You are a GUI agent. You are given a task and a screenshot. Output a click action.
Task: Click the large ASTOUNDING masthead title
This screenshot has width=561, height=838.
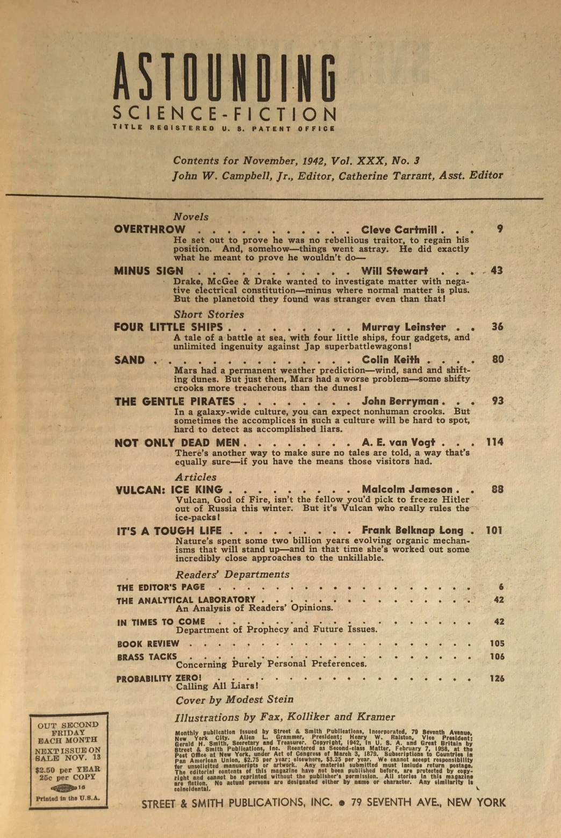(x=225, y=78)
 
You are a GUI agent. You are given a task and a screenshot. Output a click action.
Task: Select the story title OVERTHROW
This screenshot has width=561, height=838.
(x=149, y=230)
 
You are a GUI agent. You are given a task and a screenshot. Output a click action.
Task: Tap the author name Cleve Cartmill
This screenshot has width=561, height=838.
(x=399, y=230)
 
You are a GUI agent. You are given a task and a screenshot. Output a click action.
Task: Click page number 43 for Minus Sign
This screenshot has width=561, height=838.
(x=497, y=271)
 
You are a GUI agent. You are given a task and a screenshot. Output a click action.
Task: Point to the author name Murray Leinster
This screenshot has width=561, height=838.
(x=404, y=327)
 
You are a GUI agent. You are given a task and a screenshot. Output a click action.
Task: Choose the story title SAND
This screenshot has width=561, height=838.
(x=130, y=360)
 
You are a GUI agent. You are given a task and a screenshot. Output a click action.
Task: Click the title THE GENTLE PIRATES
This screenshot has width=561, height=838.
(x=175, y=402)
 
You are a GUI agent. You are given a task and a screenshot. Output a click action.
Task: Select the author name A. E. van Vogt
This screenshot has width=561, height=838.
(x=398, y=442)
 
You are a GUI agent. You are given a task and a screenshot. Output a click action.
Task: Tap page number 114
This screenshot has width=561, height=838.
(x=494, y=442)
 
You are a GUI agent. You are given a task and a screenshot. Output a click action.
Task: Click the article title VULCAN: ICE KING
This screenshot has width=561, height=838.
(x=169, y=490)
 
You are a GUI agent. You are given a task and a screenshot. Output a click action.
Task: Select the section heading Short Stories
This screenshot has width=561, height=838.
(x=208, y=314)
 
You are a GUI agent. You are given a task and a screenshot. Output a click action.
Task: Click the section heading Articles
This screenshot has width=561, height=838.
(x=196, y=477)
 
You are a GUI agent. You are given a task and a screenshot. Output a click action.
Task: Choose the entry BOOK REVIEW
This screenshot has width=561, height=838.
(x=148, y=643)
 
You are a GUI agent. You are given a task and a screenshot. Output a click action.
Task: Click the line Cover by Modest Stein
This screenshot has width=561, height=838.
(x=234, y=699)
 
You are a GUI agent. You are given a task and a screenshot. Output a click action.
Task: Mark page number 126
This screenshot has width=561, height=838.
(x=497, y=678)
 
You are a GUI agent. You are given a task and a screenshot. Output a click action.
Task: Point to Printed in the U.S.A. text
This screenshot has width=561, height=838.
(x=68, y=798)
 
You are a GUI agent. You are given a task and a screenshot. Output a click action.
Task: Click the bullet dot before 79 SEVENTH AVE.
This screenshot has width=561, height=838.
(x=341, y=803)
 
